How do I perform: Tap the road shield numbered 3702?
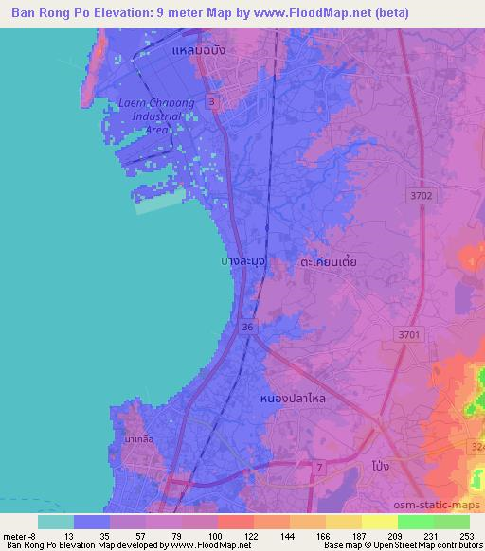click(422, 196)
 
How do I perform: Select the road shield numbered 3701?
click(408, 333)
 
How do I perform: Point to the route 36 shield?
click(247, 327)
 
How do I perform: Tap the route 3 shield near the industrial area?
click(211, 101)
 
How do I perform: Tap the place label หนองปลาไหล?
click(293, 400)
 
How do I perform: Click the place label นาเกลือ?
click(139, 440)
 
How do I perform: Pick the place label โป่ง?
click(377, 468)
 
